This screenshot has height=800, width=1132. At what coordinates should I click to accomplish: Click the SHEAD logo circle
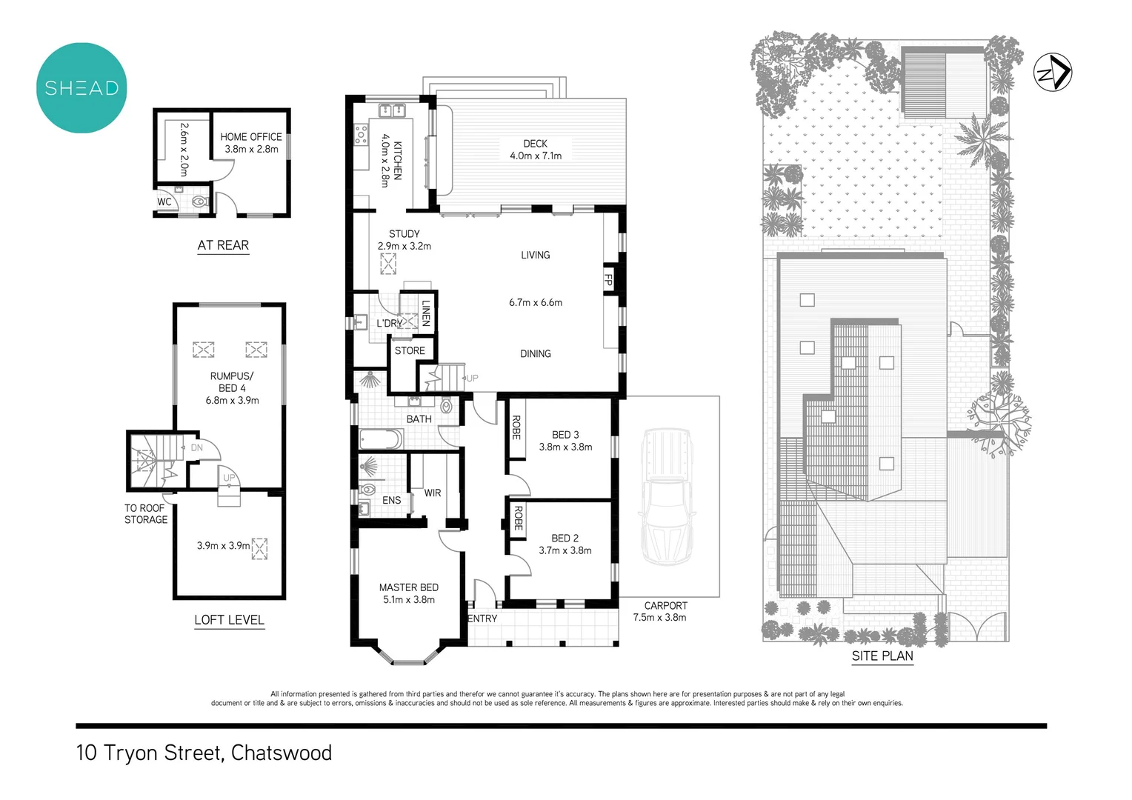click(x=81, y=87)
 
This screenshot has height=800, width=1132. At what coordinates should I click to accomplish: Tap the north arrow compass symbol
click(x=1053, y=73)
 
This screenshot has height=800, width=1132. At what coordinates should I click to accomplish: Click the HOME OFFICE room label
click(x=251, y=137)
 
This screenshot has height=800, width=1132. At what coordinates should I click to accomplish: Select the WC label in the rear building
click(x=164, y=201)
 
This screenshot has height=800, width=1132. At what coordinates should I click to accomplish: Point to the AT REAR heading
click(x=223, y=245)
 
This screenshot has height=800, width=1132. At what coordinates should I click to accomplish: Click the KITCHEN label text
click(x=397, y=160)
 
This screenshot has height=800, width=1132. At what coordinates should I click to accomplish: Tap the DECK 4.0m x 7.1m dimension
click(x=536, y=156)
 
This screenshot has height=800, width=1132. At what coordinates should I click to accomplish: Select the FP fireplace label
click(x=609, y=280)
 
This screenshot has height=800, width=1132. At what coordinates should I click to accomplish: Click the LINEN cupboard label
click(x=426, y=312)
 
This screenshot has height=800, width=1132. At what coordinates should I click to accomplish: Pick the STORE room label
click(x=410, y=350)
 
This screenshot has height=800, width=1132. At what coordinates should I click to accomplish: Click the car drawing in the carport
click(x=668, y=496)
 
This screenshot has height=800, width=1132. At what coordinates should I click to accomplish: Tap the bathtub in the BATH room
click(x=381, y=439)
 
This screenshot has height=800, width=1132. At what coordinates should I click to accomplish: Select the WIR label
click(x=433, y=493)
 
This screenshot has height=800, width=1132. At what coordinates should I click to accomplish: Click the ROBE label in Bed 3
click(x=516, y=427)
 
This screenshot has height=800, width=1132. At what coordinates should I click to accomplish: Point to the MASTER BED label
click(x=409, y=587)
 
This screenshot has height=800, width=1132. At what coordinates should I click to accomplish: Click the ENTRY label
click(x=483, y=619)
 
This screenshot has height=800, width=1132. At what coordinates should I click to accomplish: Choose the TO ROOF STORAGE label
click(x=146, y=513)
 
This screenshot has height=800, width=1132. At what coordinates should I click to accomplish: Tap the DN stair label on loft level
click(x=197, y=447)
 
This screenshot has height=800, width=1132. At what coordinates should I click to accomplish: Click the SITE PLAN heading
click(x=882, y=656)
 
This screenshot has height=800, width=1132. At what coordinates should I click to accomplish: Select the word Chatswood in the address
click(x=282, y=753)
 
